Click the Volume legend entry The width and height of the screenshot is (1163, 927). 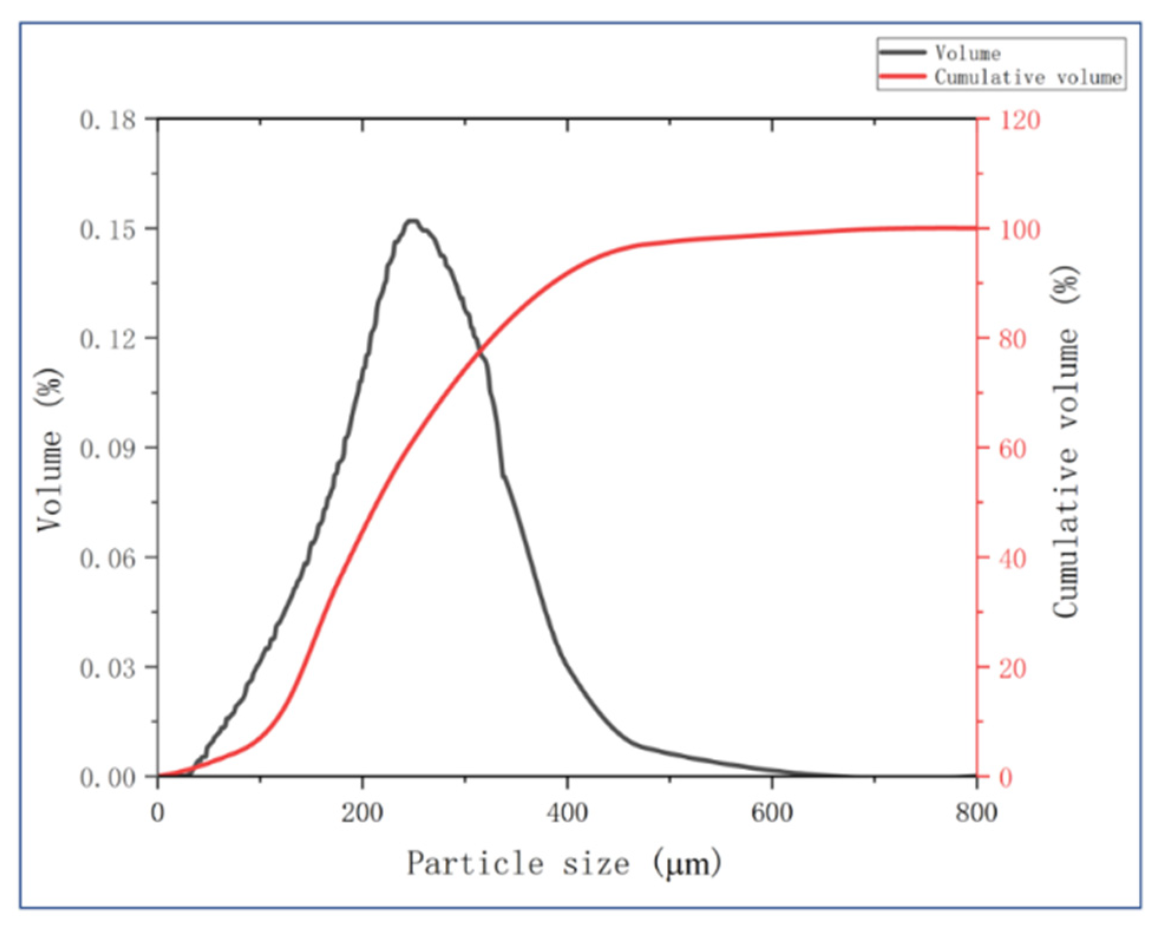tap(967, 53)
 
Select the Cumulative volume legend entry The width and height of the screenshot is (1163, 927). tap(1027, 77)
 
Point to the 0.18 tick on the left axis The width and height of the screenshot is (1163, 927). tap(108, 120)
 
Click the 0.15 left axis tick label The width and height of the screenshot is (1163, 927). tap(108, 230)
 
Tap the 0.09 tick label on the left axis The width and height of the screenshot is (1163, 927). tap(108, 449)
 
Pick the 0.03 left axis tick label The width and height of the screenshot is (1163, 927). tap(108, 669)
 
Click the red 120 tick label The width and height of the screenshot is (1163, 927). tap(1020, 120)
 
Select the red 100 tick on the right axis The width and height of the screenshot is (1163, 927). tap(1020, 230)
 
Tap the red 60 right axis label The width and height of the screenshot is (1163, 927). tap(1013, 449)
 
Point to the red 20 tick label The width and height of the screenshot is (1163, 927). tap(1013, 669)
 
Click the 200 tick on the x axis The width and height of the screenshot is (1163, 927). tap(362, 813)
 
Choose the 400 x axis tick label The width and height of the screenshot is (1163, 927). tap(567, 813)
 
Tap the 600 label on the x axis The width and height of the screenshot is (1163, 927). tap(772, 813)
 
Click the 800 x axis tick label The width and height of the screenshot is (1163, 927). tap(977, 813)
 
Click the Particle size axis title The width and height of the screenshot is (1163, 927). tap(564, 864)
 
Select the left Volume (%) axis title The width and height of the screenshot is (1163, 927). tap(50, 449)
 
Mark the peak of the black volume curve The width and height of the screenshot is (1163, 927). tap(412, 221)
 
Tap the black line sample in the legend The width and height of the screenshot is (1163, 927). tap(903, 53)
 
